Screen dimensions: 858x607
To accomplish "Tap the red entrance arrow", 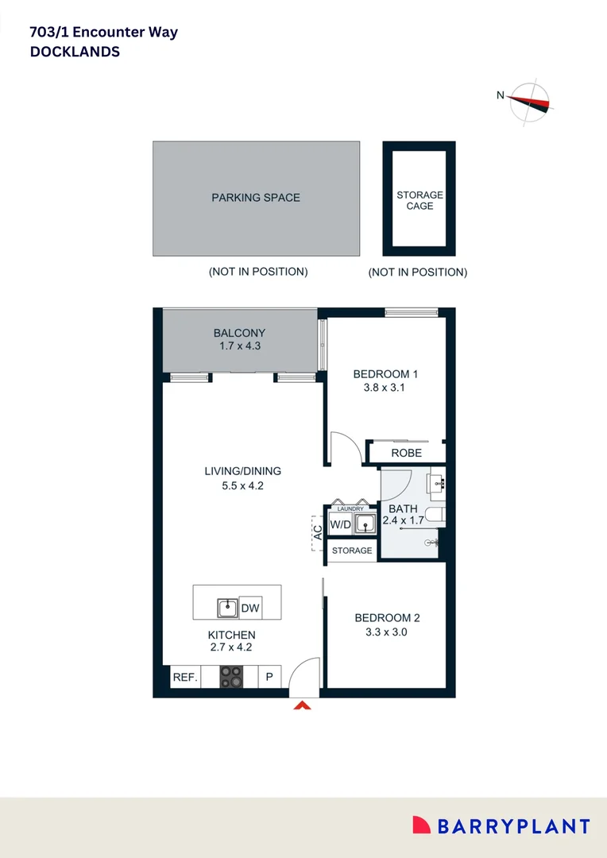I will pyautogui.click(x=302, y=704).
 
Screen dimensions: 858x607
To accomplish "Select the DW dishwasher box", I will pyautogui.click(x=250, y=608).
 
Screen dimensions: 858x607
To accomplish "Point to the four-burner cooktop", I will pyautogui.click(x=231, y=677).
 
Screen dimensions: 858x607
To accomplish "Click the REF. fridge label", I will pyautogui.click(x=184, y=678).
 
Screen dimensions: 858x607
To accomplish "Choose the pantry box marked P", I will pyautogui.click(x=269, y=678).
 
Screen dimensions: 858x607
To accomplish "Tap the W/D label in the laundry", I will pyautogui.click(x=340, y=524).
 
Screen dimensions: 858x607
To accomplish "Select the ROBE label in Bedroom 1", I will pyautogui.click(x=406, y=453).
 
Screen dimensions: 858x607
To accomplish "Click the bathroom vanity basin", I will pyautogui.click(x=436, y=481).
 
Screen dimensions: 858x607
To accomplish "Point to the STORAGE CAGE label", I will pyautogui.click(x=419, y=200).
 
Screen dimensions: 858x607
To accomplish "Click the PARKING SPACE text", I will pyautogui.click(x=256, y=197).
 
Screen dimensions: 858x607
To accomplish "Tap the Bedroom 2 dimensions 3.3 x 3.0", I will pyautogui.click(x=387, y=632).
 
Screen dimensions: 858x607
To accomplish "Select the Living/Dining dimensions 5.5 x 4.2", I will pyautogui.click(x=242, y=485).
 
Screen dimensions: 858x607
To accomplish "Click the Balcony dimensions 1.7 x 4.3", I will pyautogui.click(x=239, y=346).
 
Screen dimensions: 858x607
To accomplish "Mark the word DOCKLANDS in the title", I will pyautogui.click(x=75, y=52).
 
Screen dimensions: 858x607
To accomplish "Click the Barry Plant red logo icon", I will pyautogui.click(x=421, y=826).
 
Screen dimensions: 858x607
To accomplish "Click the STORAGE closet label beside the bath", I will pyautogui.click(x=351, y=551).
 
